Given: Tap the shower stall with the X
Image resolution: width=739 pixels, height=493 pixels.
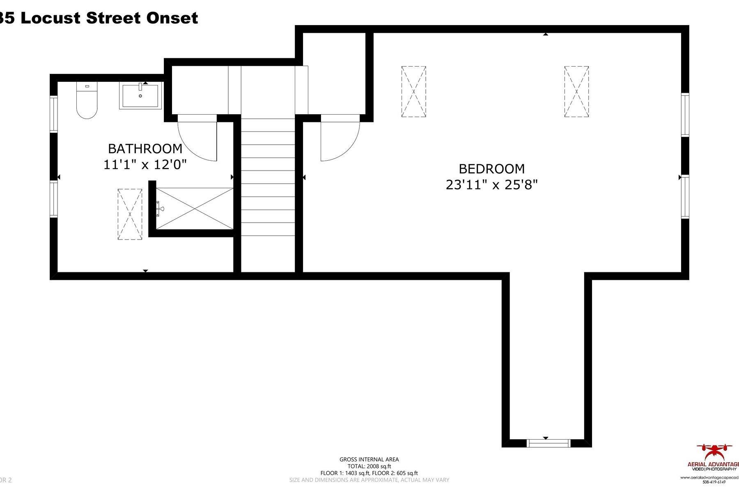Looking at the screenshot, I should click(195, 209).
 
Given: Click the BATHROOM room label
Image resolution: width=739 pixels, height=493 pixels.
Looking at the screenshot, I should click(145, 148).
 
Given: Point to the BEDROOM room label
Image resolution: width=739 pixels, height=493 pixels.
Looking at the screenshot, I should click(491, 169).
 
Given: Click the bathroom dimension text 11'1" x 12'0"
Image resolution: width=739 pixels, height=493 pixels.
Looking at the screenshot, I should click(145, 165).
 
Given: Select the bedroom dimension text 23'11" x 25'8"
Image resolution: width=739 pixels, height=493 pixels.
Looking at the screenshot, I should click(491, 185).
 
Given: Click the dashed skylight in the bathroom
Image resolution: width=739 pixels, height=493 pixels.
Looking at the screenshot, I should click(130, 214).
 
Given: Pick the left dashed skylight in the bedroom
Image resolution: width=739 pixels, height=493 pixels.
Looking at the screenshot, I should click(413, 92).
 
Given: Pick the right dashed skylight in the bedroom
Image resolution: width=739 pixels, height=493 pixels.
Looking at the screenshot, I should click(576, 92).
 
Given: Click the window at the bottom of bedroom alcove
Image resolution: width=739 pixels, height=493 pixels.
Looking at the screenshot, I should click(549, 443).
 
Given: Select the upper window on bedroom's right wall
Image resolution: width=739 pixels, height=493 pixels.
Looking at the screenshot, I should click(685, 115).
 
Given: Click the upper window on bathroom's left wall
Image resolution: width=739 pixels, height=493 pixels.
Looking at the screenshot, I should click(54, 114).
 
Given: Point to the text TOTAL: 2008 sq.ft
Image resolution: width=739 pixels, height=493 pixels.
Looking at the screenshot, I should click(369, 466).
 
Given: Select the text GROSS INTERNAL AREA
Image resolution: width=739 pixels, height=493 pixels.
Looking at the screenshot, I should click(369, 459).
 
